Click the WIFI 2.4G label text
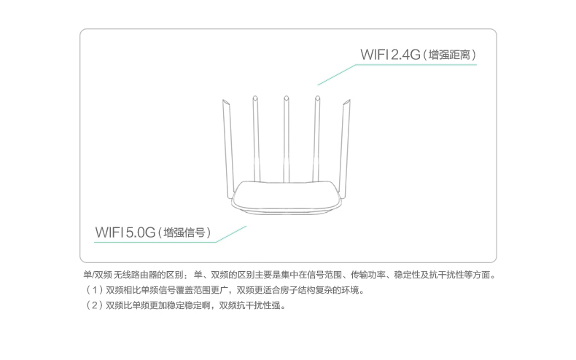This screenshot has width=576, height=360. [389, 55]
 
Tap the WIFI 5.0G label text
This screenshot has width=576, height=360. [125, 232]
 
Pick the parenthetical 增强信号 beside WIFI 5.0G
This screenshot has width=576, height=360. [187, 232]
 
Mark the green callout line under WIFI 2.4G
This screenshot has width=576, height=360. [416, 66]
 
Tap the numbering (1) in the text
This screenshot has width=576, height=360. [93, 290]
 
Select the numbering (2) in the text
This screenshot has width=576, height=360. [93, 305]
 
